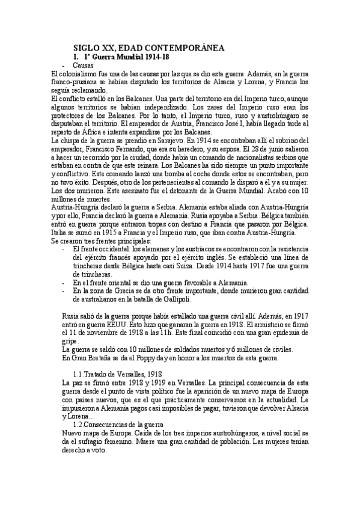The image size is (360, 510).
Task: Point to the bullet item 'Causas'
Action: (x=82, y=64)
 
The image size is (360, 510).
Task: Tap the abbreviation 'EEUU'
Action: (x=105, y=324)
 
